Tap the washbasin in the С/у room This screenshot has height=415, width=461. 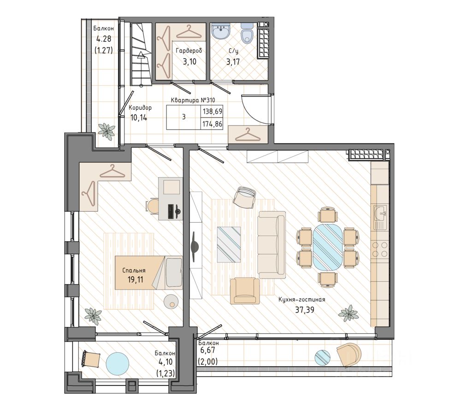(x=220, y=31)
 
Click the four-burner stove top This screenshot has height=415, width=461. (x=380, y=249)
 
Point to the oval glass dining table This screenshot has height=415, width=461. (x=328, y=247)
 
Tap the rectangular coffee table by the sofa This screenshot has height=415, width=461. (x=229, y=244)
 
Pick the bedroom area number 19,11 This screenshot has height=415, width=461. (x=135, y=279)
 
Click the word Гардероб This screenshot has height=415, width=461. (x=189, y=51)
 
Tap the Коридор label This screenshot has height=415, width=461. (x=140, y=107)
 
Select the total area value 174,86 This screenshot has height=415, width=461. (x=212, y=124)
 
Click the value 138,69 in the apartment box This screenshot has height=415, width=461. (x=212, y=112)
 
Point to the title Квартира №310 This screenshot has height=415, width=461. (x=193, y=100)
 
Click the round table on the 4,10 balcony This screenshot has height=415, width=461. (x=117, y=364)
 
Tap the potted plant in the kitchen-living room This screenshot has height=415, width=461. (x=349, y=314)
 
